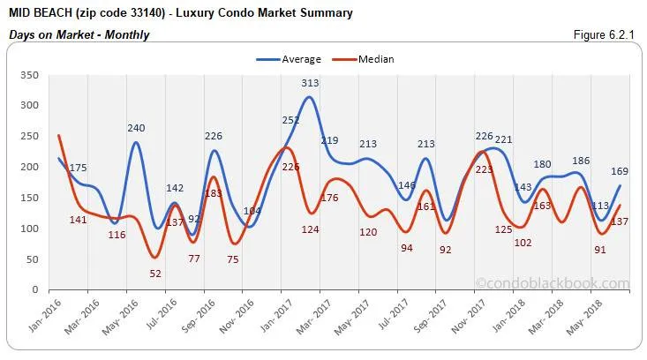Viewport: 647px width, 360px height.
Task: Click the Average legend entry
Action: coord(292,59)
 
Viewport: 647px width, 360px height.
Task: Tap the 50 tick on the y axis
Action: coord(32,259)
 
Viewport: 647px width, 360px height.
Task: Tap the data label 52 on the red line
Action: coord(155,274)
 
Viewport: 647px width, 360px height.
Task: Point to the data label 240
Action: coord(136,128)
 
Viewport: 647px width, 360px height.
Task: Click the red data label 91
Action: coord(600,249)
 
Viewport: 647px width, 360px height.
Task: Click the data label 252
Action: coord(291,120)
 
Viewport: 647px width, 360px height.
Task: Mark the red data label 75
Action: coord(233,259)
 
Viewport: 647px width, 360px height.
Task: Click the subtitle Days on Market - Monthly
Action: coord(79,34)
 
